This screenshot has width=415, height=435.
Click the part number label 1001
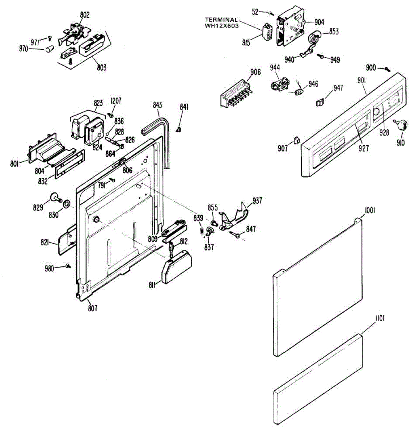pyautogui.click(x=369, y=210)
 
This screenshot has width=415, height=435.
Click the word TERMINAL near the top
pyautogui.click(x=221, y=20)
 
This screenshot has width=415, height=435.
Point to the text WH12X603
pyautogui.click(x=222, y=26)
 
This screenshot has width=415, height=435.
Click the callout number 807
pyautogui.click(x=93, y=308)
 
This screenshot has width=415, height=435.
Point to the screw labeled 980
pyautogui.click(x=68, y=266)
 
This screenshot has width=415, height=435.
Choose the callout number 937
pyautogui.click(x=257, y=201)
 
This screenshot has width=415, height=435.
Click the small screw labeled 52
pyautogui.click(x=271, y=13)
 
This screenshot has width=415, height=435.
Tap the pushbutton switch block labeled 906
pyautogui.click(x=236, y=94)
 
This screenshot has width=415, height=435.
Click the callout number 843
pyautogui.click(x=157, y=105)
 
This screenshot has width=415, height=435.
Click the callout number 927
pyautogui.click(x=364, y=148)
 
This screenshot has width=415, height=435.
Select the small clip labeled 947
pyautogui.click(x=320, y=103)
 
